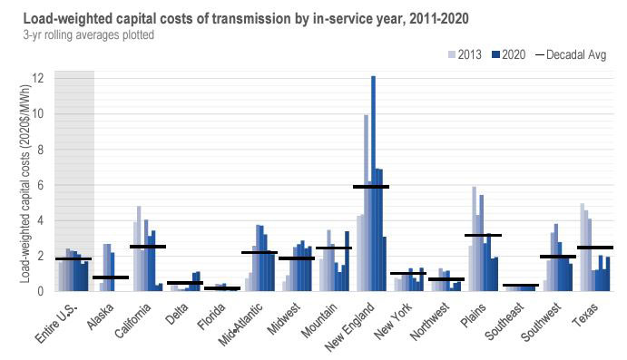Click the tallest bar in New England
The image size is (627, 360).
(373, 181)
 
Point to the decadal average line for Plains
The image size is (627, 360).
(483, 236)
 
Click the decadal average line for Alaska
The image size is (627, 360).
(111, 277)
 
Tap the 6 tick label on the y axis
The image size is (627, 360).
(37, 185)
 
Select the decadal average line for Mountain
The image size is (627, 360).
(333, 248)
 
